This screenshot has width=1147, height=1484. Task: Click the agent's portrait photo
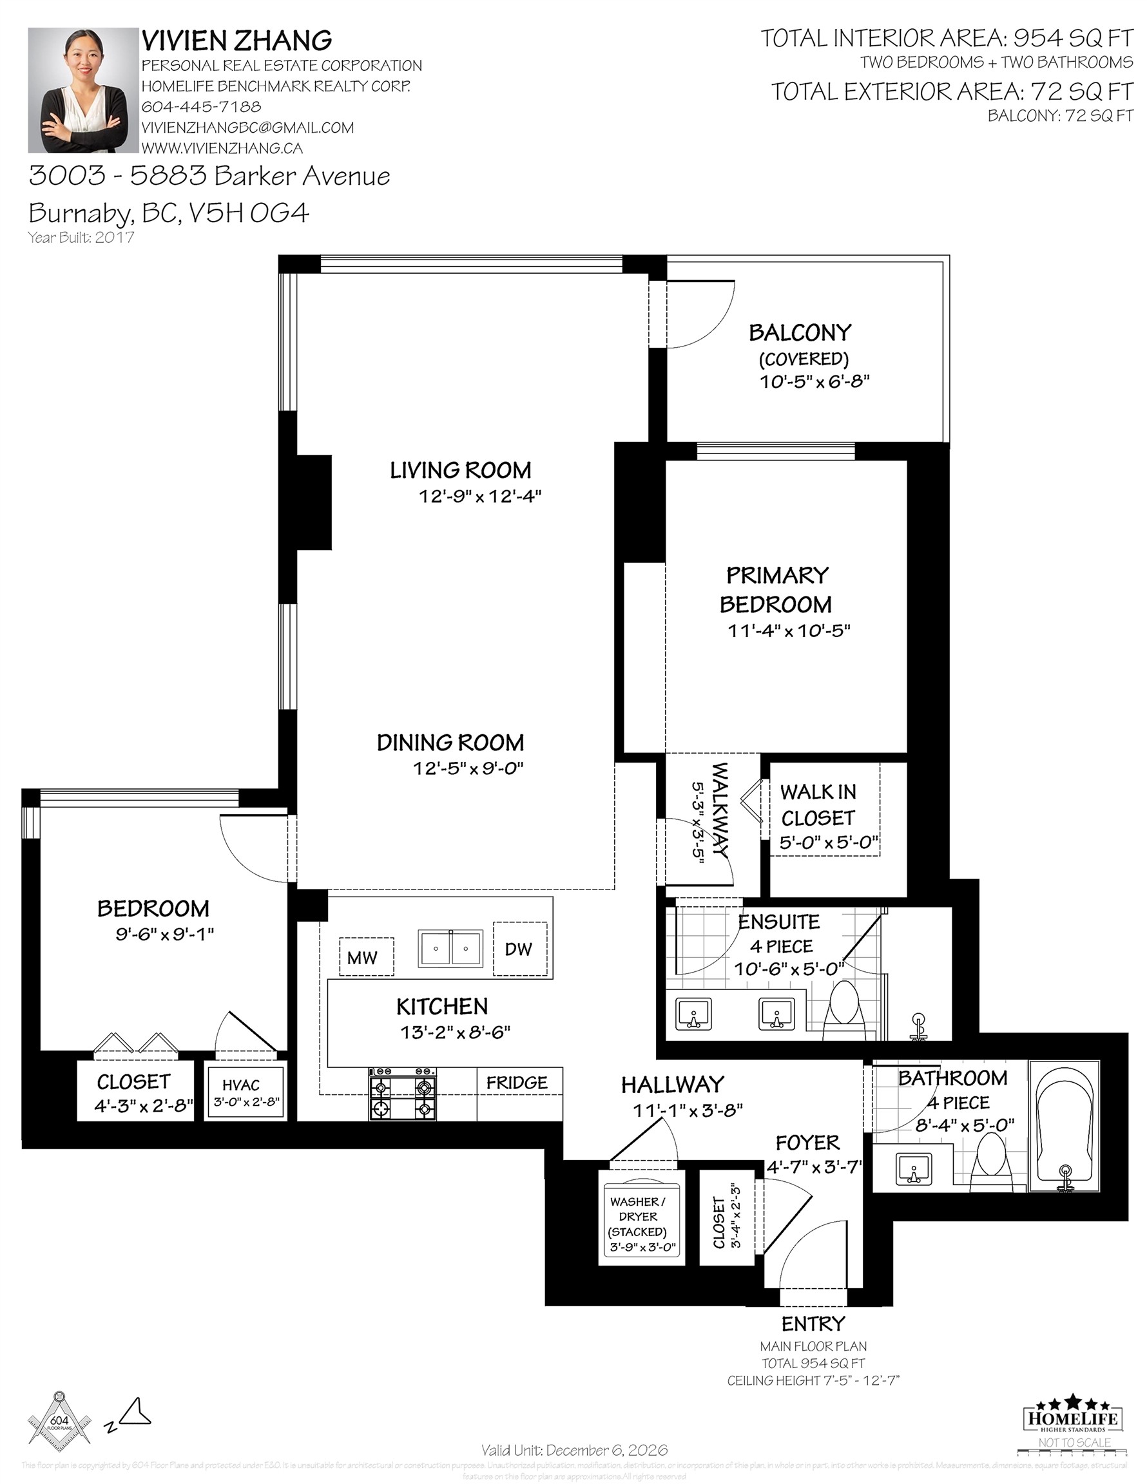(83, 90)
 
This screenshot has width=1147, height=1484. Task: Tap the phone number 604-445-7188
(200, 107)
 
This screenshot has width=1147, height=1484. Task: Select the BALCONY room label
(800, 332)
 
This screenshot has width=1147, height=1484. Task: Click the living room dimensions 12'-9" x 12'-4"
(479, 497)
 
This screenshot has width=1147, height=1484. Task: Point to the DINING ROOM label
(450, 743)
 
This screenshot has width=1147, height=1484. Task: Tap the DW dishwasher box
(519, 949)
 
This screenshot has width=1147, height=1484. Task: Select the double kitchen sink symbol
(450, 948)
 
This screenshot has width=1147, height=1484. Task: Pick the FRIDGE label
(517, 1083)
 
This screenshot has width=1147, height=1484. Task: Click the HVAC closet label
(242, 1085)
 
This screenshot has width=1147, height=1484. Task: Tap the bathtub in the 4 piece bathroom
(1065, 1126)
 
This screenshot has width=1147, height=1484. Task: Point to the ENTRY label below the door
(813, 1324)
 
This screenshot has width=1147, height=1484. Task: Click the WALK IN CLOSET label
(818, 804)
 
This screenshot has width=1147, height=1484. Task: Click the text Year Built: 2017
(81, 237)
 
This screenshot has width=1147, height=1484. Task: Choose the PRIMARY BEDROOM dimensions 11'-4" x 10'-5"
(789, 631)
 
